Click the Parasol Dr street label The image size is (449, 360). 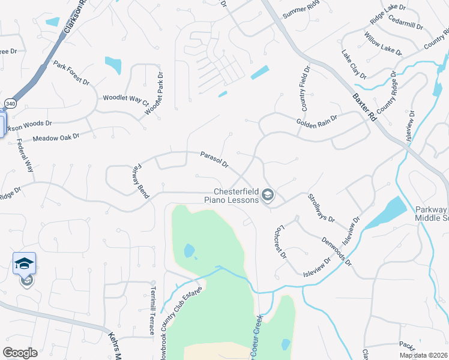pyautogui.click(x=214, y=159)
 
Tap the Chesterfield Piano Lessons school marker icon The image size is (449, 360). pyautogui.click(x=268, y=195)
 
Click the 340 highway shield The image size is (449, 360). pyautogui.click(x=11, y=103)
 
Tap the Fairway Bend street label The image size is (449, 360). pyautogui.click(x=139, y=181)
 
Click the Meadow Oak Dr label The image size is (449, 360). pyautogui.click(x=56, y=138)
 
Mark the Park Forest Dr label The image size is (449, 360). pyautogui.click(x=71, y=73)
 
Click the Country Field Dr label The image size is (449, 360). pyautogui.click(x=303, y=92)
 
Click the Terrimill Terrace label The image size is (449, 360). pyautogui.click(x=153, y=307)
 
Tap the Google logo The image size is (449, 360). pyautogui.click(x=20, y=353)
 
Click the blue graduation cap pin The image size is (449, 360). pyautogui.click(x=25, y=263)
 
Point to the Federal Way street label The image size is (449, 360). pyautogui.click(x=28, y=157)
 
